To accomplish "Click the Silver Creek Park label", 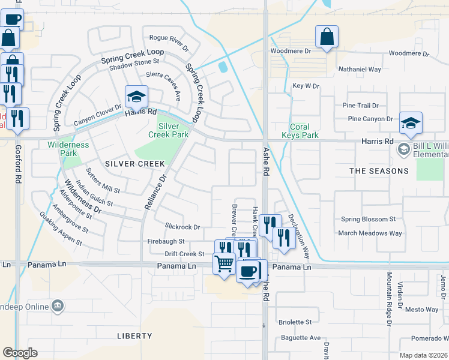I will [168, 131].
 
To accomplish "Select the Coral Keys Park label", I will [300, 131].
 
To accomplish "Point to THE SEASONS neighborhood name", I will [379, 171].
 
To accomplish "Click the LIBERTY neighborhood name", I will [134, 336].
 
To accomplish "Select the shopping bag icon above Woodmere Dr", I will [327, 37].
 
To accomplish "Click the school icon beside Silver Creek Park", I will [136, 97].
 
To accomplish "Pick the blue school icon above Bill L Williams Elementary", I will [411, 122].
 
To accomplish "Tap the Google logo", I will [20, 353].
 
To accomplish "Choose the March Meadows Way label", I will [371, 233].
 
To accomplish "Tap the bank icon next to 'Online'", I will [57, 307].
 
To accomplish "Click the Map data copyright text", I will [423, 355].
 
